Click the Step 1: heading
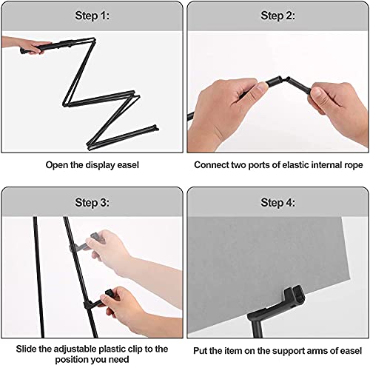coord(90,15)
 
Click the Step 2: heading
coord(277,15)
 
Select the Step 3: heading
coord(90,201)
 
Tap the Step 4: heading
coord(277,201)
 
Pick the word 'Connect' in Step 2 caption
coord(212,165)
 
